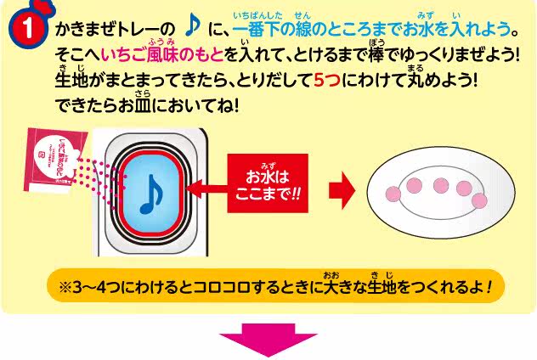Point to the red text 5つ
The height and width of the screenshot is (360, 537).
pyautogui.click(x=327, y=85)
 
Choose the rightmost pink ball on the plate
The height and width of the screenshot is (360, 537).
pyautogui.click(x=481, y=201)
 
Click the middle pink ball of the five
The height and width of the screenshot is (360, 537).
pyautogui.click(x=440, y=185)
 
